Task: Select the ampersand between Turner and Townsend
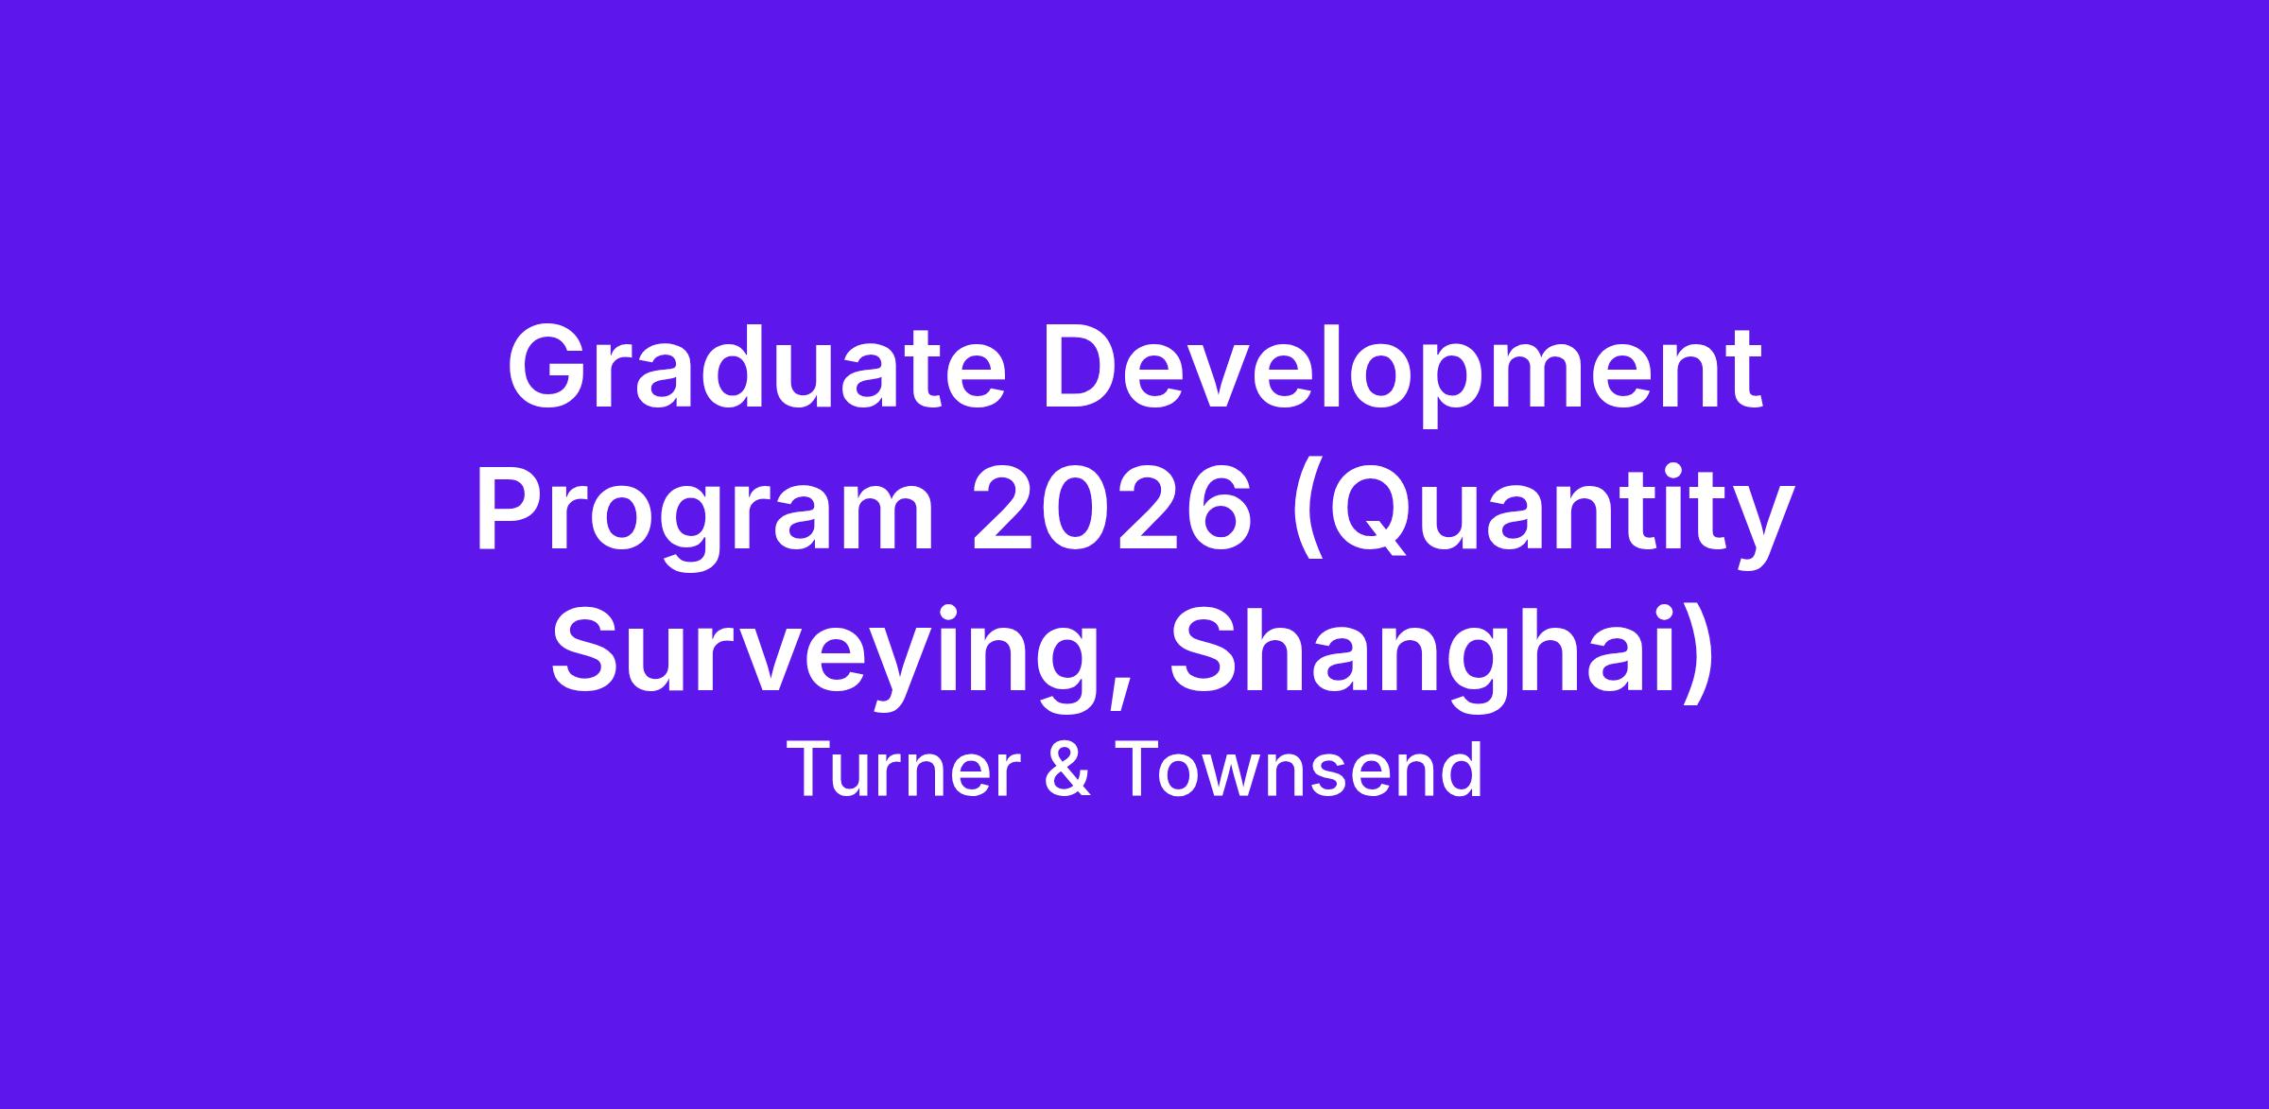[1070, 771]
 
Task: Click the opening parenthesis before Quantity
[1307, 520]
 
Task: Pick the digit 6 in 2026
[1219, 511]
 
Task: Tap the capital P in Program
[512, 511]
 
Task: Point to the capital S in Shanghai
[1208, 652]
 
